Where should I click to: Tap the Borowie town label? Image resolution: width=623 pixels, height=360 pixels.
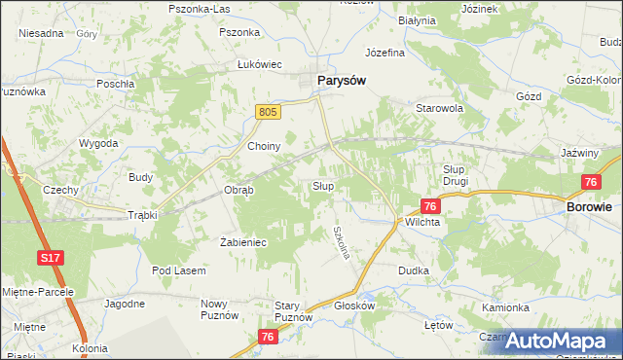click(x=590, y=207)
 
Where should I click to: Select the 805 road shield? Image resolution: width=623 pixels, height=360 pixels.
click(x=270, y=113)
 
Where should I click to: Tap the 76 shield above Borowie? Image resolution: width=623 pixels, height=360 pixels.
click(x=590, y=182)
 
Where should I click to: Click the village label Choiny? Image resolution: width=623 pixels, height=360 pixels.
click(x=264, y=146)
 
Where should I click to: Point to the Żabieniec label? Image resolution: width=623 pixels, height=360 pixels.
click(x=243, y=242)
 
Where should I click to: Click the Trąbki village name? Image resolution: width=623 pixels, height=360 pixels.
click(x=142, y=215)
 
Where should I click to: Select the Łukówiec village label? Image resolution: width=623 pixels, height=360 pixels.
click(x=260, y=64)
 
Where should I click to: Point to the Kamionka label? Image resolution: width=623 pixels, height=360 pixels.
click(x=504, y=306)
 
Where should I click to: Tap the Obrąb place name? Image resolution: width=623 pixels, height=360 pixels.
click(x=238, y=190)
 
